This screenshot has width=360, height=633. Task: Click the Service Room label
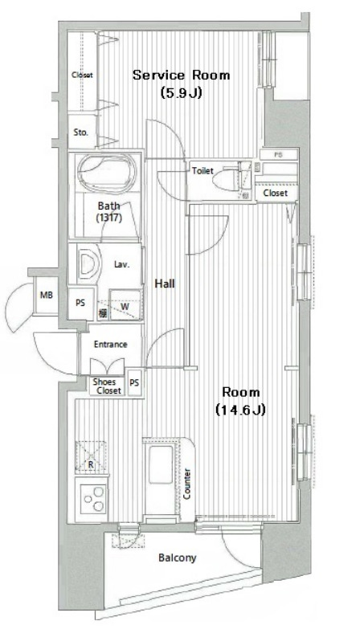pos(181,76)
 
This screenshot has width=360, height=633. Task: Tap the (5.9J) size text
pos(181,92)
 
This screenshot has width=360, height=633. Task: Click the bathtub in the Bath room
pos(108,174)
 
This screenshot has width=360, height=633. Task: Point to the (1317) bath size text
pos(108,218)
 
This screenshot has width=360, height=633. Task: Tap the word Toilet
pos(202,170)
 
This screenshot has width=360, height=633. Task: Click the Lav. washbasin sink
pos(88,263)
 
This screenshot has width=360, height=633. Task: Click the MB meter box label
pos(47,296)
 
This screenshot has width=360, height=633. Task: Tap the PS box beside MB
pos(80,304)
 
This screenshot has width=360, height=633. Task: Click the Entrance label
pos(110,345)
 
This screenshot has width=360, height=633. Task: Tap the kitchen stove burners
pos(91,499)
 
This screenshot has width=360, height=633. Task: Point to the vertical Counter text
pos(187,484)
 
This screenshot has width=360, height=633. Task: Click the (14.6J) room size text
pos(240,410)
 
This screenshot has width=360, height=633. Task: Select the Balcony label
pos(177,558)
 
